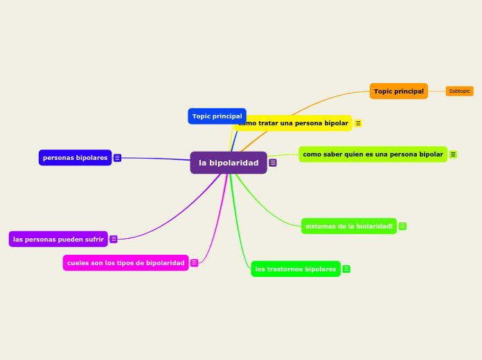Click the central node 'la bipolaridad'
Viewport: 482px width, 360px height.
[x=228, y=163]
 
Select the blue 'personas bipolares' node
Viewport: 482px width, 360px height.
[x=75, y=158]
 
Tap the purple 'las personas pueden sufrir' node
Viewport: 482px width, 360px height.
[x=58, y=240]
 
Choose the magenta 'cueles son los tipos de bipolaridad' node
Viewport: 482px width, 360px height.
[x=125, y=263]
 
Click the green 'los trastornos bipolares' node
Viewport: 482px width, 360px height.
[x=295, y=269]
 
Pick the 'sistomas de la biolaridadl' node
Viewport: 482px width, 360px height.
[x=348, y=226]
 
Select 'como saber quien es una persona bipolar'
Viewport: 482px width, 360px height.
[x=373, y=154]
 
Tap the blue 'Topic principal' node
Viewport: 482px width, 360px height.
[x=217, y=116]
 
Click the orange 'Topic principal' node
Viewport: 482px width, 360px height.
[x=398, y=91]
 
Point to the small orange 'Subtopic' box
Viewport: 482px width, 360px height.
[x=459, y=91]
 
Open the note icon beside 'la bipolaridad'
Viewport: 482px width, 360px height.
[x=273, y=163]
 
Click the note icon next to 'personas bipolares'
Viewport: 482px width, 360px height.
[x=117, y=158]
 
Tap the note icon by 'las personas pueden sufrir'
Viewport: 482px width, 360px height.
[x=114, y=240]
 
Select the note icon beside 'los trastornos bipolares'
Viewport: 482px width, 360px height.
[x=346, y=269]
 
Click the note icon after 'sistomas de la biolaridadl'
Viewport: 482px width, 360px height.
[x=402, y=226]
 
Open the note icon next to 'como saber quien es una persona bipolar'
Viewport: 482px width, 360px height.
[x=453, y=154]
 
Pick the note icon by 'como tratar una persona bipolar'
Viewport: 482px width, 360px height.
[x=358, y=123]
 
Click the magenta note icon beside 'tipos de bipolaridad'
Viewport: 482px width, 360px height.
[x=194, y=263]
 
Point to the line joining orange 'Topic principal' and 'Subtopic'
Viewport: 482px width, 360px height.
[x=437, y=91]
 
